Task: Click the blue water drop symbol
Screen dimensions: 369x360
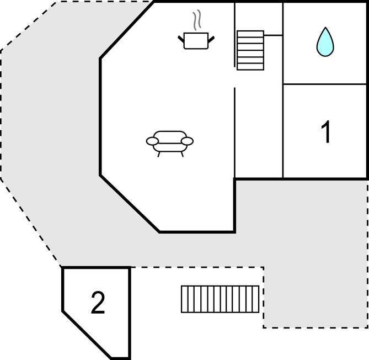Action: coord(325,43)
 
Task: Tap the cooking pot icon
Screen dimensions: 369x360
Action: coord(196,41)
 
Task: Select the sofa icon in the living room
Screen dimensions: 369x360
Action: coord(170,144)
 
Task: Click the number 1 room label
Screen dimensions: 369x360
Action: coord(325,131)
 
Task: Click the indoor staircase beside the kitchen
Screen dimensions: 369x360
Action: coord(250,50)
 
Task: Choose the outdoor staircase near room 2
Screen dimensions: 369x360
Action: coord(220,299)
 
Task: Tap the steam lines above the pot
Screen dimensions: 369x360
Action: coord(197,20)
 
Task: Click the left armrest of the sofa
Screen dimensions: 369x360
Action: coord(152,141)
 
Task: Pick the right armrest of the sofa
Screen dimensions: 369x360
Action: coord(188,141)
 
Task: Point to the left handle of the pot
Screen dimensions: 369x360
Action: coord(181,39)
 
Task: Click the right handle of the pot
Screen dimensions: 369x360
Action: coord(211,39)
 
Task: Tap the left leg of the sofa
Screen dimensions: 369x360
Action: coord(159,154)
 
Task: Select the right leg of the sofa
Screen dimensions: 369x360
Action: coord(182,154)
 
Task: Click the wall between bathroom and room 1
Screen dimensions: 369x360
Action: coord(325,84)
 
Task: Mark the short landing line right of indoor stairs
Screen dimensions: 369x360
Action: coord(273,35)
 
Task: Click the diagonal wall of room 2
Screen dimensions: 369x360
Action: coord(87,335)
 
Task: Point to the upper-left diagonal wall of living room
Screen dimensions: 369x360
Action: coord(127,30)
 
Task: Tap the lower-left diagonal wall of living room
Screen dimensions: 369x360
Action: coord(130,204)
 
